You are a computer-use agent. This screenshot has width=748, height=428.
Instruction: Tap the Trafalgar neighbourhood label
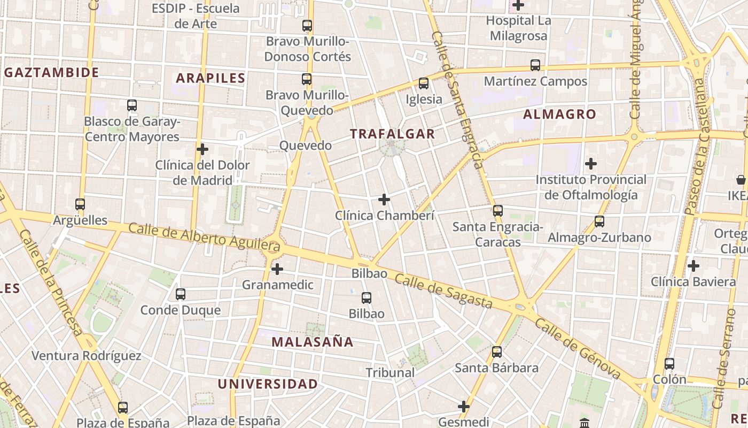pyautogui.click(x=393, y=134)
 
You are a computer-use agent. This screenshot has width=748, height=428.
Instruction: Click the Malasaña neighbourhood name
pyautogui.click(x=313, y=341)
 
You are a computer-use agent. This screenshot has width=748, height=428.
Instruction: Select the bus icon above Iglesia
pyautogui.click(x=424, y=83)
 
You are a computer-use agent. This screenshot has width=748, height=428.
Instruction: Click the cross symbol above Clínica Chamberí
pyautogui.click(x=384, y=200)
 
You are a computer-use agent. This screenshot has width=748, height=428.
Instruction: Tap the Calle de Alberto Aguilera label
pyautogui.click(x=205, y=237)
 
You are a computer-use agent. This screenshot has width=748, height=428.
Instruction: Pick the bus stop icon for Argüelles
pyautogui.click(x=80, y=204)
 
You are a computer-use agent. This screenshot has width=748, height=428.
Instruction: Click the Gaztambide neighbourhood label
pyautogui.click(x=52, y=73)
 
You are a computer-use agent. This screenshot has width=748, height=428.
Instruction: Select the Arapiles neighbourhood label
pyautogui.click(x=211, y=78)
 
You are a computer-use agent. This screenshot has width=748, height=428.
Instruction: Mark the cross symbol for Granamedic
pyautogui.click(x=277, y=269)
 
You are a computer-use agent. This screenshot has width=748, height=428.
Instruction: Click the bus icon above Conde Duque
pyautogui.click(x=181, y=294)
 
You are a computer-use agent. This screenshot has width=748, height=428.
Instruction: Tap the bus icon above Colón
pyautogui.click(x=669, y=364)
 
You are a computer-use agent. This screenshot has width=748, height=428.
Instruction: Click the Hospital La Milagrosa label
pyautogui.click(x=518, y=28)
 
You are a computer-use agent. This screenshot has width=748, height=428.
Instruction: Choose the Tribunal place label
pyautogui.click(x=390, y=372)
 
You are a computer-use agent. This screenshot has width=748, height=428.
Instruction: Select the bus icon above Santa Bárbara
pyautogui.click(x=497, y=351)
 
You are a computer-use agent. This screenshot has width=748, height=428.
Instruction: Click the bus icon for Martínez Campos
pyautogui.click(x=535, y=65)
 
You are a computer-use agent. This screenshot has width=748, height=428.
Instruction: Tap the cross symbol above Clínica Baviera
pyautogui.click(x=694, y=265)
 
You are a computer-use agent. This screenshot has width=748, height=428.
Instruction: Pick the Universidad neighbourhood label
pyautogui.click(x=268, y=384)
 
